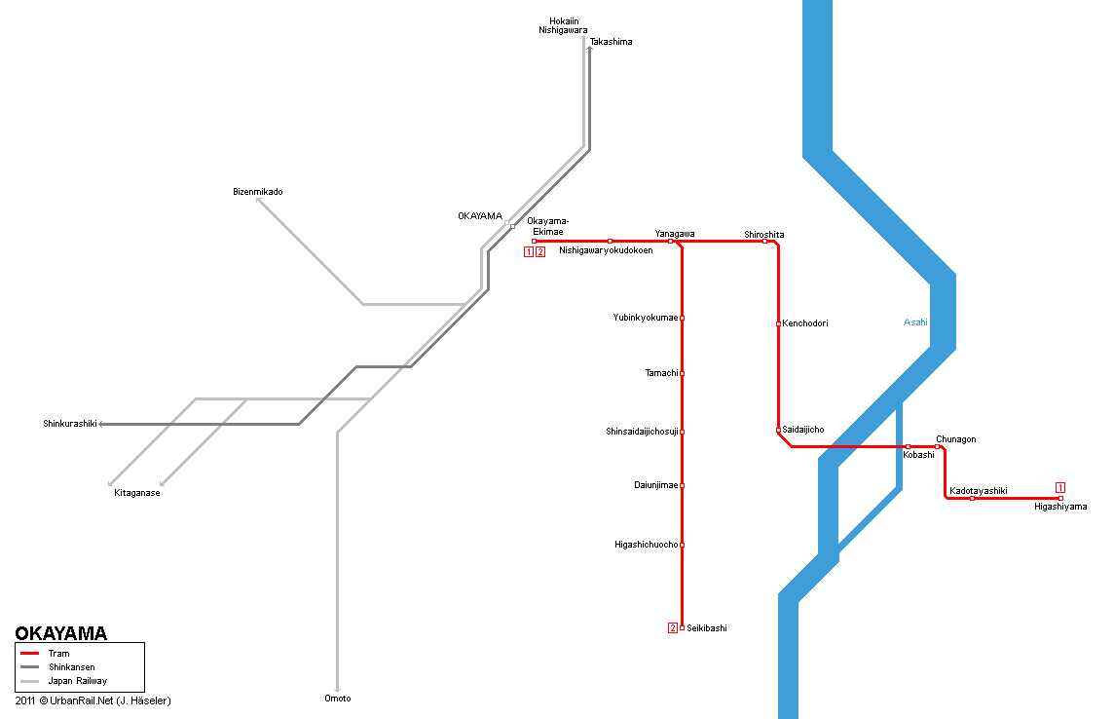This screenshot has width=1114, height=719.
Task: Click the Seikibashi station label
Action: coord(707,628)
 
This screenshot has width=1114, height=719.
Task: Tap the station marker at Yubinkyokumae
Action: coord(682,319)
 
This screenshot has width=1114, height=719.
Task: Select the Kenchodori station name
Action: coord(805,323)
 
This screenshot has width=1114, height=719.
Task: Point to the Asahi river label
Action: coord(915,322)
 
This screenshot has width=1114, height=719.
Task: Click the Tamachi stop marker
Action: coord(682,373)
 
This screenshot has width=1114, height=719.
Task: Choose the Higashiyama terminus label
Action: coord(1060,507)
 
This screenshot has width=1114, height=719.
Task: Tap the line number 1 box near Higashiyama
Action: coord(1060,487)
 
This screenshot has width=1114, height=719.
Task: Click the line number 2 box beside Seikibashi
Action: coord(673,628)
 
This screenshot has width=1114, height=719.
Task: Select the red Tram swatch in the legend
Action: coord(30,654)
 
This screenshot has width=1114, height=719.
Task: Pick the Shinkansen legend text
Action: coord(72,667)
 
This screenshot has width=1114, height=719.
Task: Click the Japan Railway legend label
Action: coord(78,681)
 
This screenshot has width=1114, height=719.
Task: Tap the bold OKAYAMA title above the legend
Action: coord(61,633)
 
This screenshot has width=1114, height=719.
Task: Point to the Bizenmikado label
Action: coord(258,192)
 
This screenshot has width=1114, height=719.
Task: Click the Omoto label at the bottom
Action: coord(338,699)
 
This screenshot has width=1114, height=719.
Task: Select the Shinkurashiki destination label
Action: coord(70,424)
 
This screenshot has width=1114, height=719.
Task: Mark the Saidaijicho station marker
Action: coord(778,430)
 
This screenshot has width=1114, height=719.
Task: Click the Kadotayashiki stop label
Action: coord(979,491)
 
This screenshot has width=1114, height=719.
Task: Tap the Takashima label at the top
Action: coord(611,42)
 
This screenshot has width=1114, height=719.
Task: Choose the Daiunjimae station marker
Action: coord(682,485)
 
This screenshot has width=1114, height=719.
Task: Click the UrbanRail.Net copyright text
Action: coord(93,700)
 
